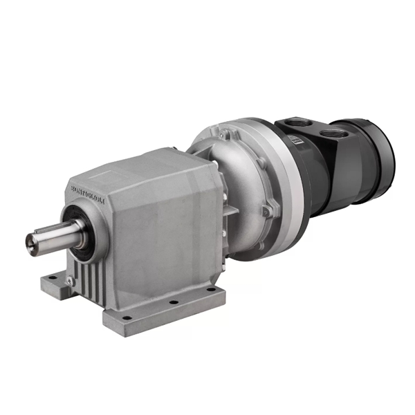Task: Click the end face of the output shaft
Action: click(x=31, y=241)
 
